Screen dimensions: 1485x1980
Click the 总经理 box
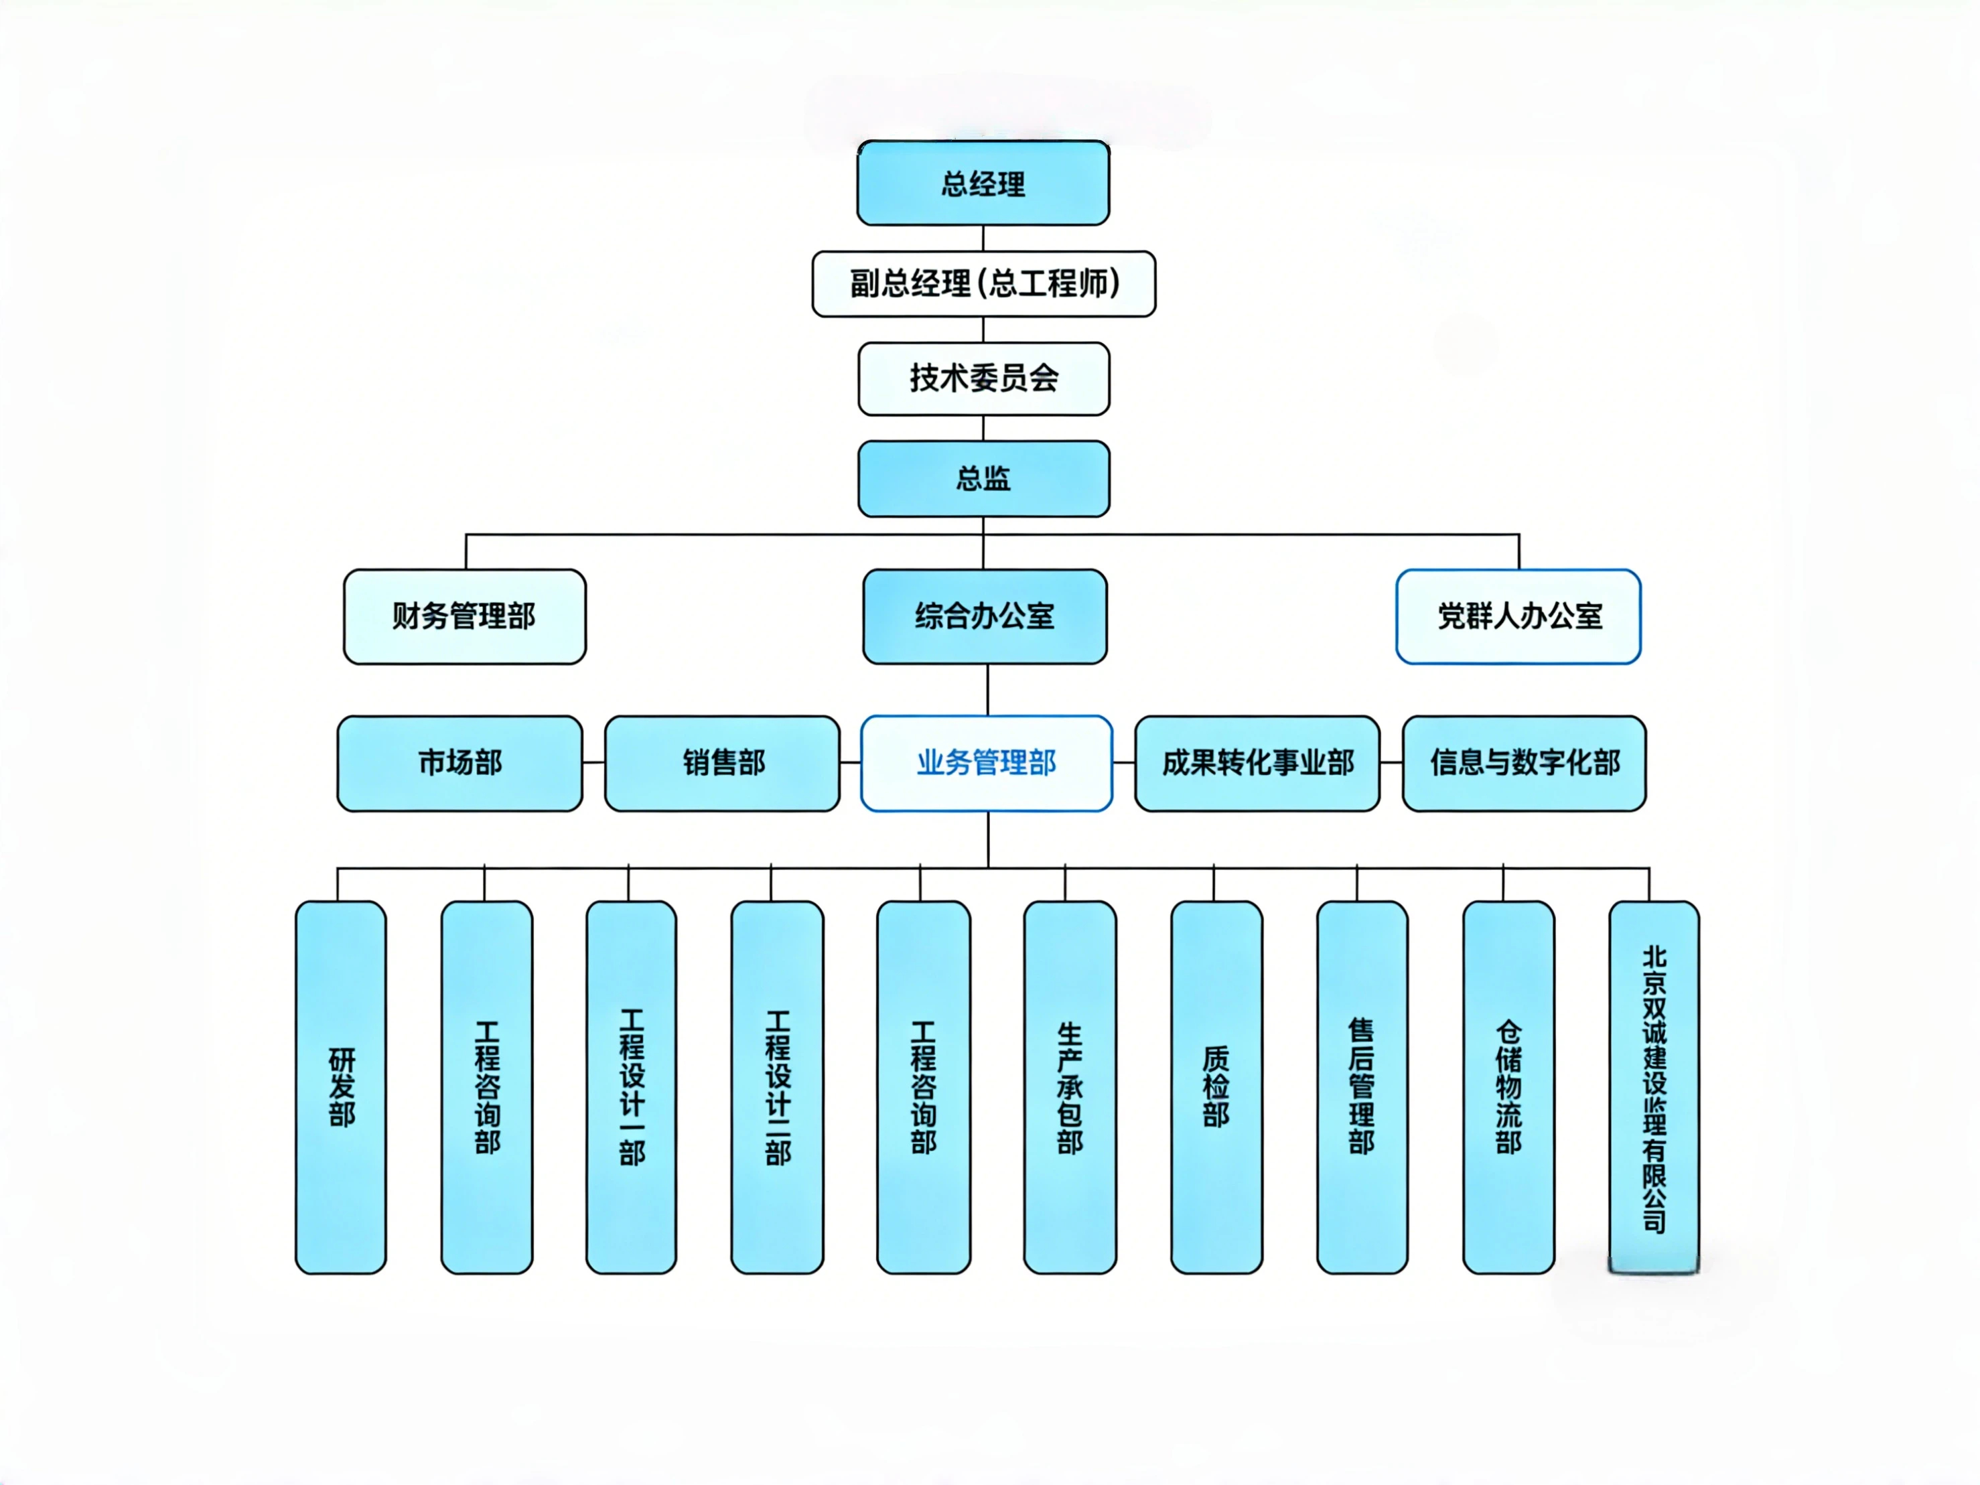(983, 184)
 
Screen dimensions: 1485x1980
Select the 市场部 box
(459, 764)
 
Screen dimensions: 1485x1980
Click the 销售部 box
(722, 764)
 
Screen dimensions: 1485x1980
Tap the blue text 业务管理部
(987, 764)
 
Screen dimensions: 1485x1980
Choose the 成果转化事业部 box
(1257, 764)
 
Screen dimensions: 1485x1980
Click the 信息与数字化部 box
(1523, 764)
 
